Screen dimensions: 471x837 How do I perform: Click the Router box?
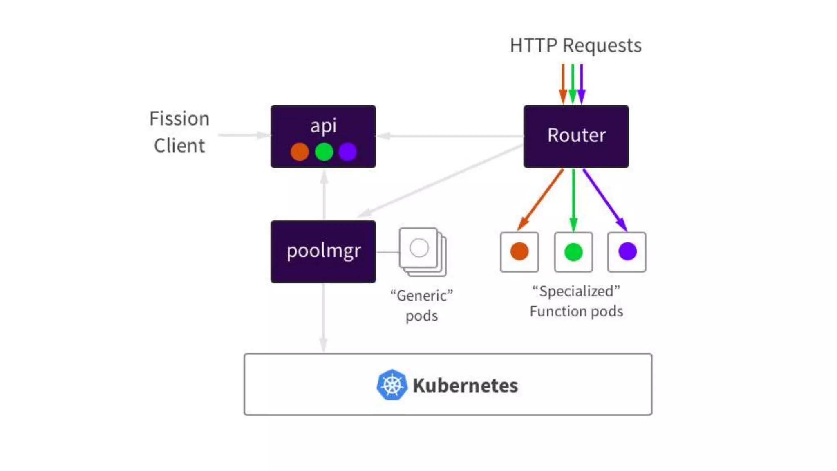[x=576, y=136]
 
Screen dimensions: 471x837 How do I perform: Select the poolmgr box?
[x=323, y=251]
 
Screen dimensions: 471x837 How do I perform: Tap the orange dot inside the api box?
[x=300, y=152]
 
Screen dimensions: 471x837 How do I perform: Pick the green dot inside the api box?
[x=324, y=152]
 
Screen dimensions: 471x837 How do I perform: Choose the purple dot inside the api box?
[x=348, y=152]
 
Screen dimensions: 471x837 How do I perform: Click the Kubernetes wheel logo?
[x=392, y=385]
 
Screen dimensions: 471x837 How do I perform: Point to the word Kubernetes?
[x=465, y=386]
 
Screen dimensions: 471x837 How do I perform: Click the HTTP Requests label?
[x=575, y=45]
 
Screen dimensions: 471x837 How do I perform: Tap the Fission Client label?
[x=179, y=132]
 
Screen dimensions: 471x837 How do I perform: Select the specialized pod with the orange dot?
[x=519, y=252]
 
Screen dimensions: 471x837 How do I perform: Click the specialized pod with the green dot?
[x=573, y=252]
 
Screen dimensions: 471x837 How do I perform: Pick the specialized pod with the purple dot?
[x=627, y=252]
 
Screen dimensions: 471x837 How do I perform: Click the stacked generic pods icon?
[x=422, y=251]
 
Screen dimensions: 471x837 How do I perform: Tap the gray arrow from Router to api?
[x=450, y=136]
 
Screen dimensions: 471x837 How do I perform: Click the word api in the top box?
[x=323, y=126]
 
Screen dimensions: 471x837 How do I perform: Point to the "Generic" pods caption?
[x=422, y=305]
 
